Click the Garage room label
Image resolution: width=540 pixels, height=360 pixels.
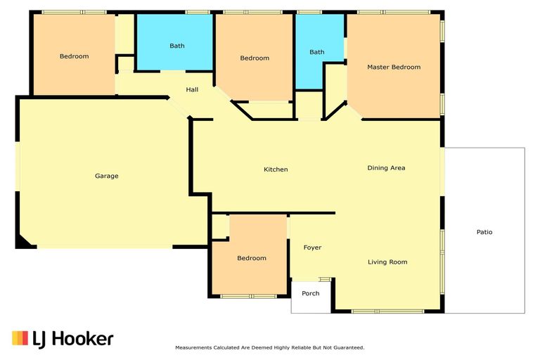click(x=107, y=176)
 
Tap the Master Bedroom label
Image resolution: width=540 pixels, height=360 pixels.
click(x=394, y=67)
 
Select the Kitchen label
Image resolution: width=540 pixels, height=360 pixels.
click(x=276, y=169)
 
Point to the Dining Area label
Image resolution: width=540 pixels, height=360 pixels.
click(x=386, y=168)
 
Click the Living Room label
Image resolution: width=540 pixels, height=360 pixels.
click(x=387, y=262)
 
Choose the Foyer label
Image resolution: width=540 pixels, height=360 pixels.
click(x=312, y=247)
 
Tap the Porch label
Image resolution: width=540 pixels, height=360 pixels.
click(x=310, y=294)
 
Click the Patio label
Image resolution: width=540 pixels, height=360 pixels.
click(x=484, y=232)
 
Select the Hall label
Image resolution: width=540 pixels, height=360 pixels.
click(x=192, y=90)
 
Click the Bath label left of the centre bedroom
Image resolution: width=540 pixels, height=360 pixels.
click(x=177, y=46)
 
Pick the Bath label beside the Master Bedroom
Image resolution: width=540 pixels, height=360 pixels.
click(x=317, y=52)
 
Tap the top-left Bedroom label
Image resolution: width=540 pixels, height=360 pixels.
click(x=74, y=56)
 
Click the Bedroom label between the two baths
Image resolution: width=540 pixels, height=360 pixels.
click(x=255, y=58)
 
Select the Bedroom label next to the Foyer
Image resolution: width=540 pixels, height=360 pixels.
click(x=251, y=259)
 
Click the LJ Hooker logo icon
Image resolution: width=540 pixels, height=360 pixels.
click(x=20, y=338)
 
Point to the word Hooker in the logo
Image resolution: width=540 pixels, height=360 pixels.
click(x=82, y=339)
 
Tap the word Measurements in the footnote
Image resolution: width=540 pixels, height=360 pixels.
click(x=195, y=348)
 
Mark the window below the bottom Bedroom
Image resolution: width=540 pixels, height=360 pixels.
click(x=247, y=296)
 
